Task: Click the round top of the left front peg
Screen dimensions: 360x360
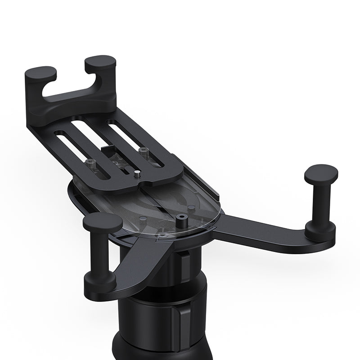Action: [x=102, y=222]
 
